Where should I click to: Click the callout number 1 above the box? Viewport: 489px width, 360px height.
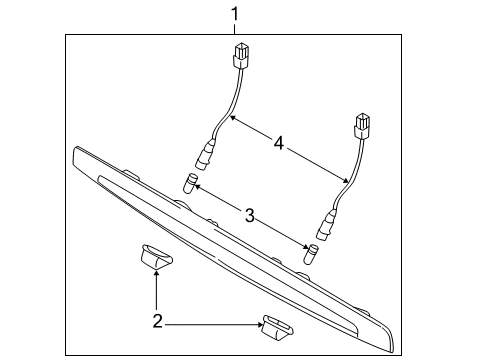(235, 14)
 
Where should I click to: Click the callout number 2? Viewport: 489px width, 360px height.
(157, 322)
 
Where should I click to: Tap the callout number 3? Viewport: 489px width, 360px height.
(250, 215)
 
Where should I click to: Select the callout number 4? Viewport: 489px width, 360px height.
(279, 143)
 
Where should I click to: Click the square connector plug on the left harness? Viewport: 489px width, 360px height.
(241, 56)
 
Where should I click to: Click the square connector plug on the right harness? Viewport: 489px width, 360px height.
(362, 126)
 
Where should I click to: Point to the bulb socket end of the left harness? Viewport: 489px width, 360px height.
(204, 156)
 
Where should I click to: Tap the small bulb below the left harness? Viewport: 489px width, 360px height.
(190, 183)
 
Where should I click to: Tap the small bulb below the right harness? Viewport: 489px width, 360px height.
(311, 253)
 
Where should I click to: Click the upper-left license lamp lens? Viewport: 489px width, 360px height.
(155, 257)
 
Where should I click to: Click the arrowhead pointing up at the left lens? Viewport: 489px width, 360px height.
(156, 274)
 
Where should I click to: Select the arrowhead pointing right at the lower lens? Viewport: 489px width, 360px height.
(259, 324)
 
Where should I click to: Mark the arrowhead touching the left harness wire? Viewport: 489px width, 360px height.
(233, 118)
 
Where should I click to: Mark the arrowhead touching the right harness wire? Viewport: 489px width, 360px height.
(345, 180)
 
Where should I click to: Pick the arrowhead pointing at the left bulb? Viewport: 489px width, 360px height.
(197, 187)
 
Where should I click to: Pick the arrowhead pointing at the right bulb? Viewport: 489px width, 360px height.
(306, 247)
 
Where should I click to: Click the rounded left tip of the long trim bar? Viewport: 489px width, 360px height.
(75, 152)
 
